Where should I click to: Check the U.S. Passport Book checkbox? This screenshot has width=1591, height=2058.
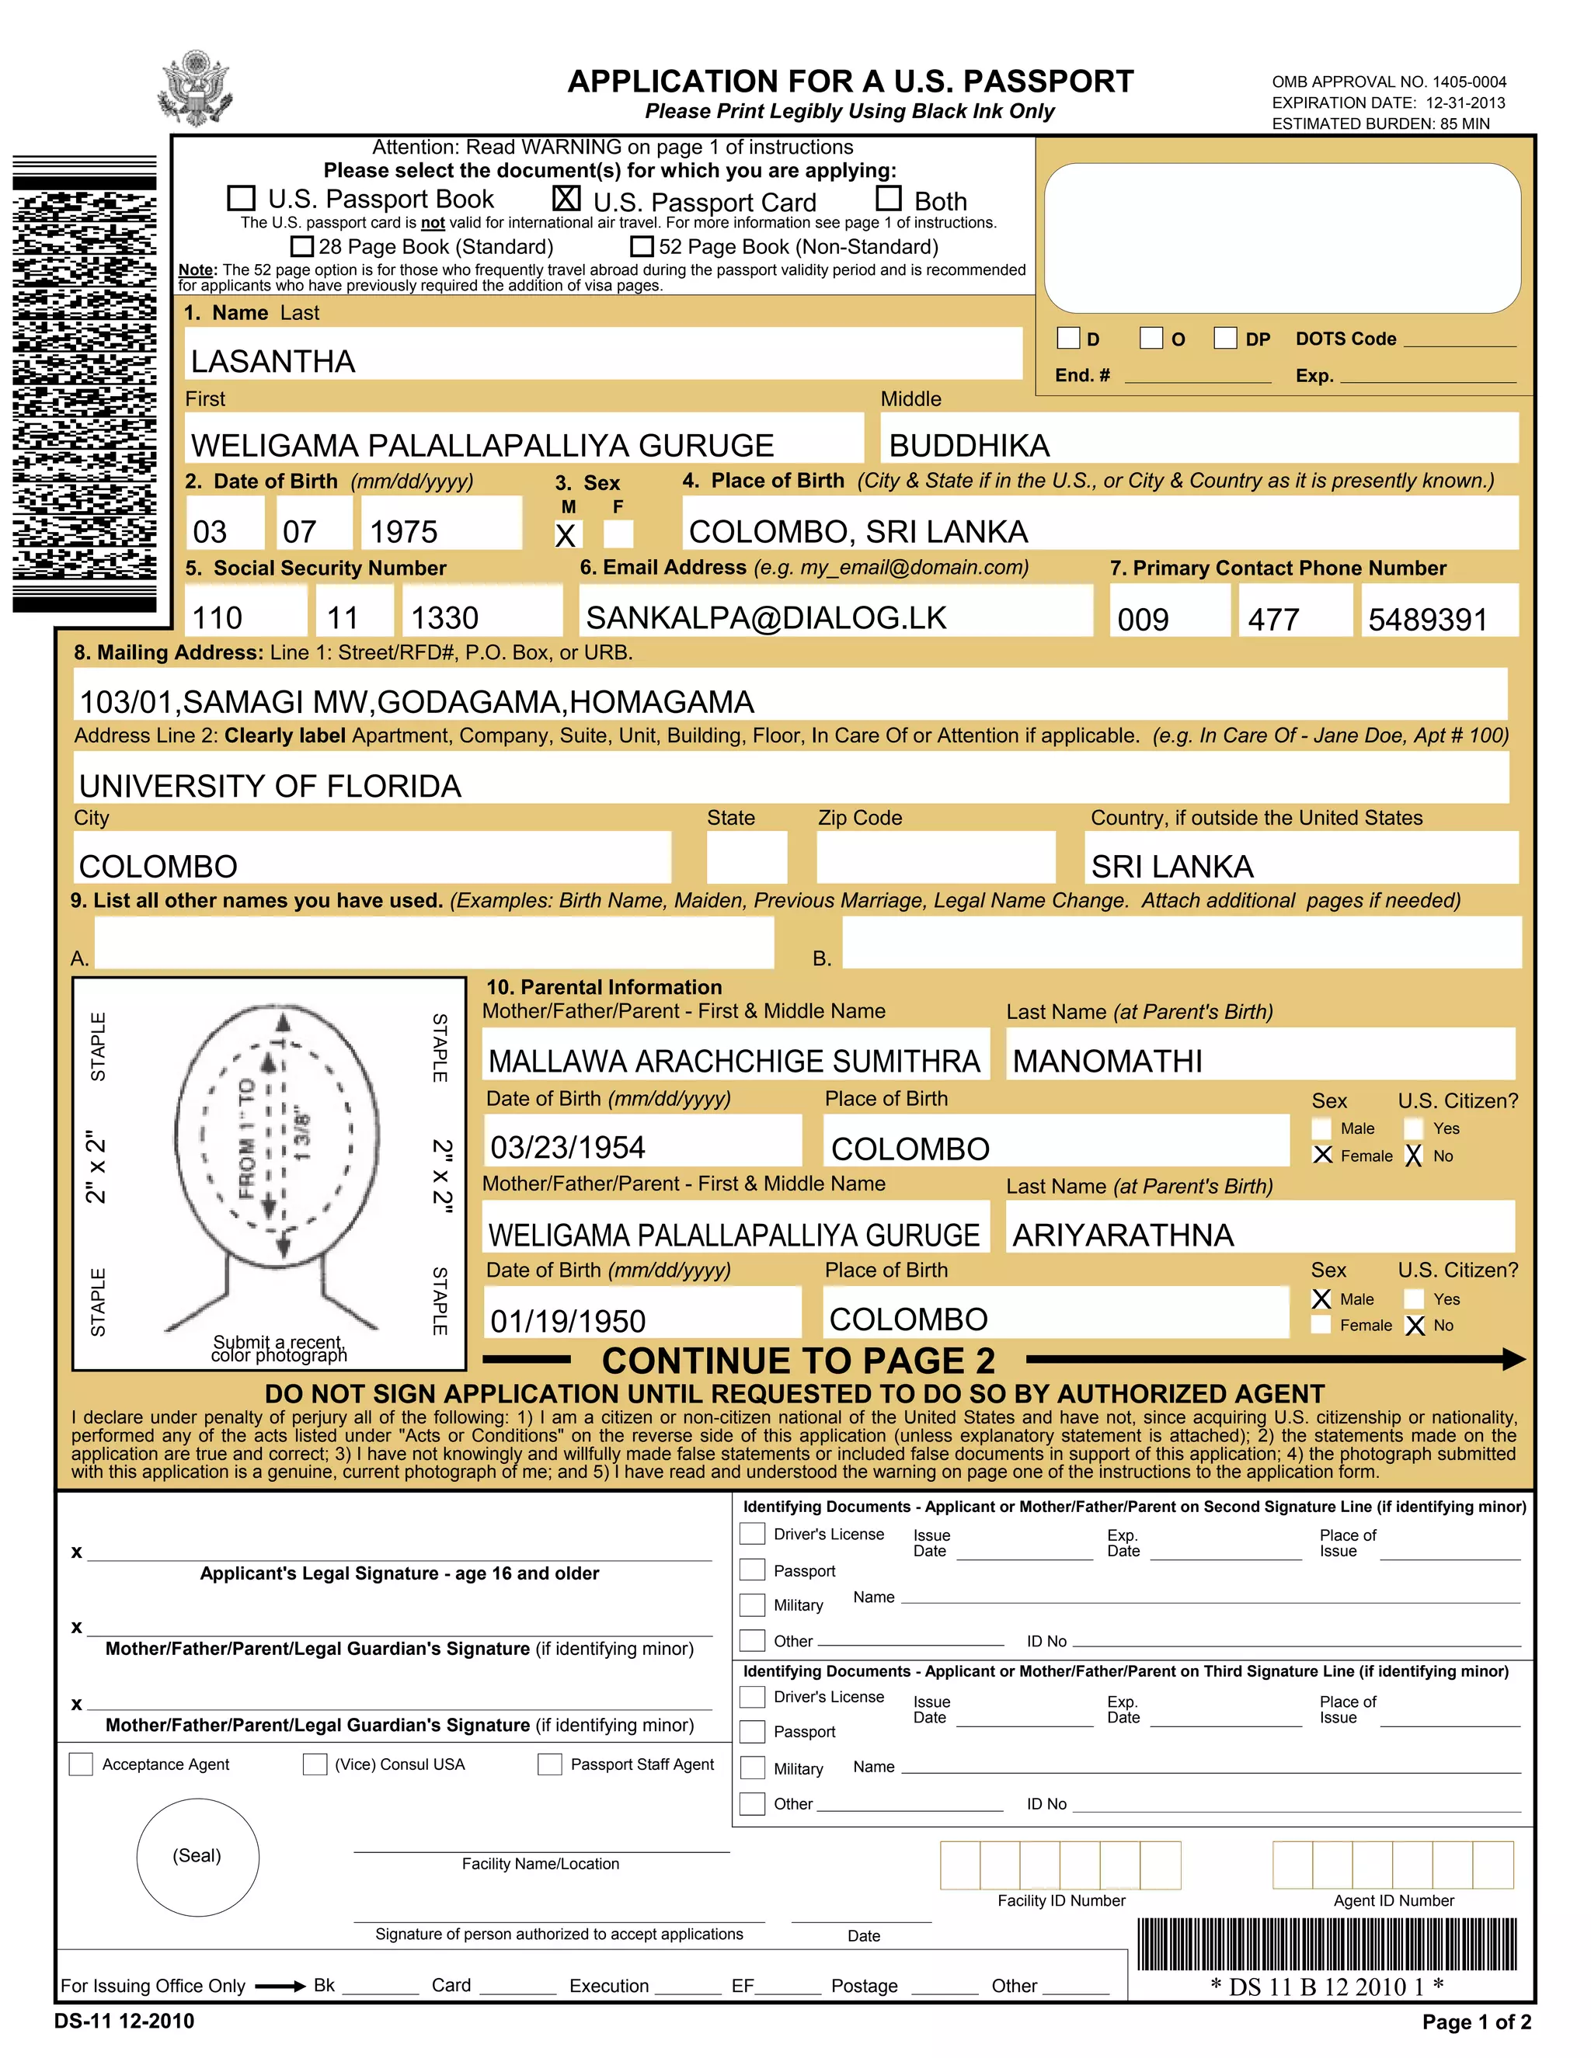(242, 198)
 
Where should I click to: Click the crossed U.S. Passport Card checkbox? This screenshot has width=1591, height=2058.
(566, 198)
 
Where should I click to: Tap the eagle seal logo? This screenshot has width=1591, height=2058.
(196, 89)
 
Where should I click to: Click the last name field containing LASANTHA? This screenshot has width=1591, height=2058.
(603, 354)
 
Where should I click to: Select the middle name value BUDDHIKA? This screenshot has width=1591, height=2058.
(969, 445)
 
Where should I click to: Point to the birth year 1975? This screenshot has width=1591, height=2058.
(403, 531)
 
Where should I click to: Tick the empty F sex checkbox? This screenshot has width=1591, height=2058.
(618, 534)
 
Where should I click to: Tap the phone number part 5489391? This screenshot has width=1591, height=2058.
(1427, 619)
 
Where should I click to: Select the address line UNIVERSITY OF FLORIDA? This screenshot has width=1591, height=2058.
(270, 786)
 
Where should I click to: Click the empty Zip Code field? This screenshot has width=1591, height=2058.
(935, 857)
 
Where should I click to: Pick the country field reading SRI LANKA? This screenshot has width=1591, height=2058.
(1172, 866)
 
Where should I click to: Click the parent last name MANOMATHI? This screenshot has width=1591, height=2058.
(1108, 1061)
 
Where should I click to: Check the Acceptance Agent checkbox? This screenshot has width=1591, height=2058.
(81, 1764)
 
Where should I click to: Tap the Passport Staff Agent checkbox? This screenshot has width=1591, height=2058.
(549, 1764)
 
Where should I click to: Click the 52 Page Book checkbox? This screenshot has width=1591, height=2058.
(642, 246)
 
